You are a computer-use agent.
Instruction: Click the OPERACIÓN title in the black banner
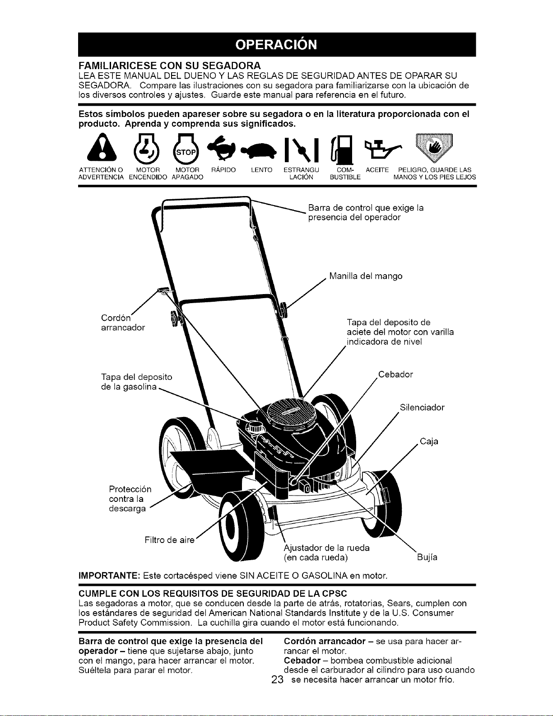coord(276,44)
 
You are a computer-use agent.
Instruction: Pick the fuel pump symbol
coord(343,150)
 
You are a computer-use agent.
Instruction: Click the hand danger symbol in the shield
coord(434,148)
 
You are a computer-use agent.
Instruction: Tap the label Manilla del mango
coord(366,276)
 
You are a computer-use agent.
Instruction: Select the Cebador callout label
coord(395,374)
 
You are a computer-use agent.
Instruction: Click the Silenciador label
coord(422,407)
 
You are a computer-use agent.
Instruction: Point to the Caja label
coord(429,441)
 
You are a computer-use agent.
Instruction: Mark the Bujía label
coord(427,557)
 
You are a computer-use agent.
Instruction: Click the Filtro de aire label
coord(170,540)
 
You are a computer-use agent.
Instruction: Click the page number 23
coord(278,680)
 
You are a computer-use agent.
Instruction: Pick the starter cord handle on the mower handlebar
coord(163,290)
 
